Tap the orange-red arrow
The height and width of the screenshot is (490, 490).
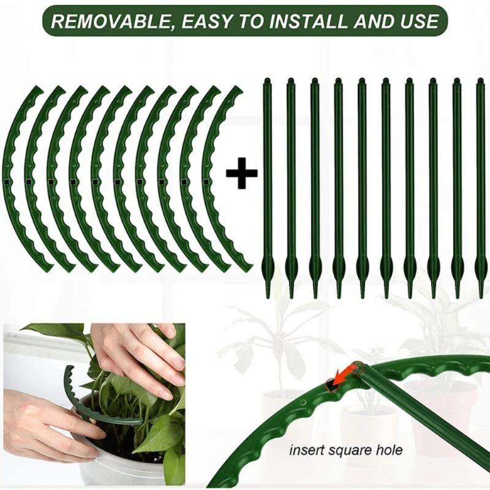(344, 375)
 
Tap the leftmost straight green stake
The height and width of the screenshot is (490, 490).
(267, 184)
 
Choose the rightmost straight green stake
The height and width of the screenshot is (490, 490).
(480, 184)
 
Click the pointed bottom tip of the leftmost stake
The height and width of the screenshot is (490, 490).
(268, 294)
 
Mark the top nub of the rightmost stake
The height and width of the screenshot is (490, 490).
(480, 80)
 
